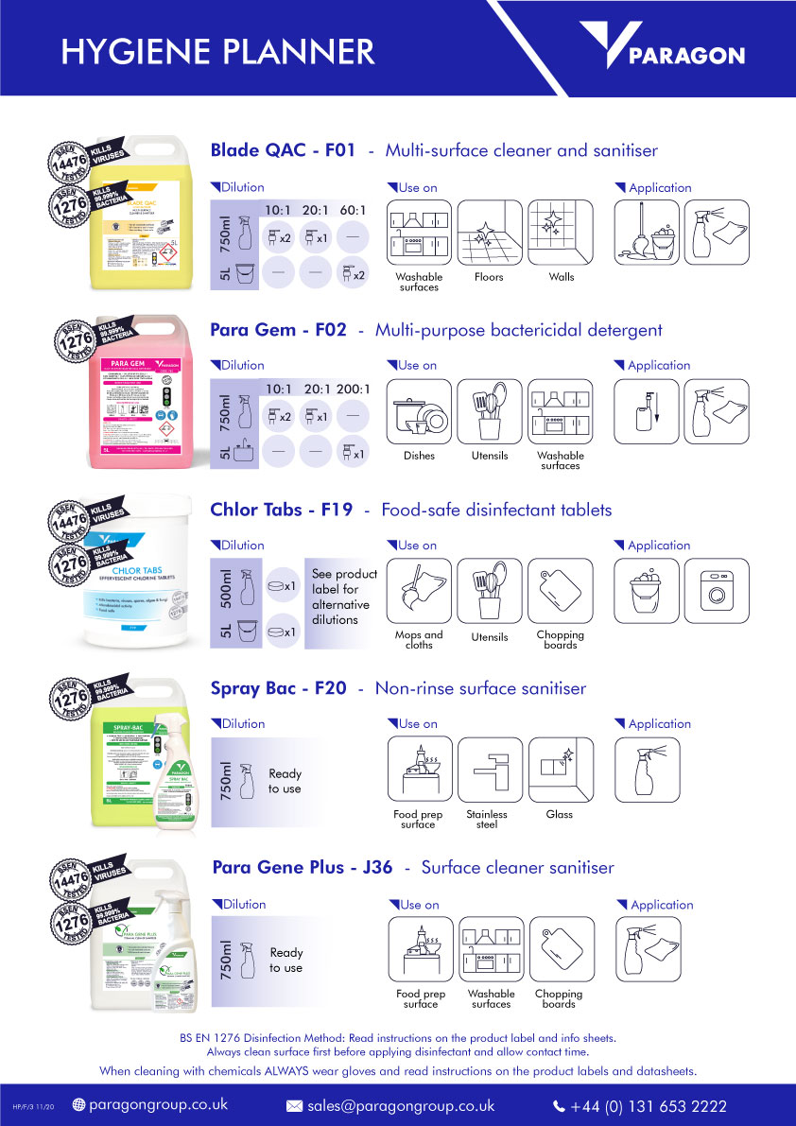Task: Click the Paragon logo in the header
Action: click(x=662, y=49)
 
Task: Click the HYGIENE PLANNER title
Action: click(x=217, y=51)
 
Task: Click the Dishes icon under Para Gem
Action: click(x=420, y=411)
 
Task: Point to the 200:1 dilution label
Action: click(x=353, y=389)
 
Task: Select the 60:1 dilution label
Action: click(x=353, y=210)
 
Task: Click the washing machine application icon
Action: click(x=716, y=590)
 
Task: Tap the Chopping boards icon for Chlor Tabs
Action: click(x=560, y=590)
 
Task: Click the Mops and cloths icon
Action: click(x=420, y=590)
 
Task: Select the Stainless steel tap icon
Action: click(x=489, y=770)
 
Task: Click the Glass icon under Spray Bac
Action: click(x=560, y=770)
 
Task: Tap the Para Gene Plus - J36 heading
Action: click(x=303, y=867)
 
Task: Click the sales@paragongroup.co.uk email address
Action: click(x=402, y=1105)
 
